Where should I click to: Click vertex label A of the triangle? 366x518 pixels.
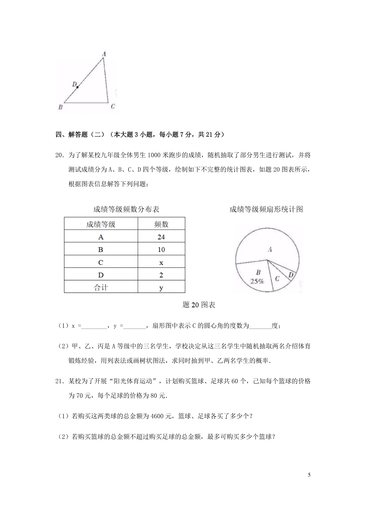pyautogui.click(x=104, y=54)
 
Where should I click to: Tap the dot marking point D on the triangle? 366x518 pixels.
pyautogui.click(x=77, y=87)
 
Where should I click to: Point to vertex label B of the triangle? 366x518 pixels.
pyautogui.click(x=60, y=107)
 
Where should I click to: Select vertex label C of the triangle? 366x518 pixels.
pyautogui.click(x=113, y=106)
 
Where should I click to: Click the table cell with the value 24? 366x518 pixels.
pyautogui.click(x=161, y=237)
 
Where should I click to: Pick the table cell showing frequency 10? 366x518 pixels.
pyautogui.click(x=161, y=250)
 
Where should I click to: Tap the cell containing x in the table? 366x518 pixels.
pyautogui.click(x=161, y=262)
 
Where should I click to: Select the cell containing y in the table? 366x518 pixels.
pyautogui.click(x=161, y=288)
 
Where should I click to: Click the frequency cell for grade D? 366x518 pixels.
pyautogui.click(x=161, y=275)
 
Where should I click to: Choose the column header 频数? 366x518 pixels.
pyautogui.click(x=161, y=224)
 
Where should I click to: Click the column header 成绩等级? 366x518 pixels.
pyautogui.click(x=101, y=224)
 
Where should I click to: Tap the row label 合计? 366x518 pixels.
pyautogui.click(x=101, y=288)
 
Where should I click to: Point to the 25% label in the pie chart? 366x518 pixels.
pyautogui.click(x=257, y=281)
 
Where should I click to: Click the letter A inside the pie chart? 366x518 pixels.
pyautogui.click(x=270, y=250)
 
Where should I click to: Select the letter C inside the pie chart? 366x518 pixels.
pyautogui.click(x=277, y=279)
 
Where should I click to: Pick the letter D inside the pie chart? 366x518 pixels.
pyautogui.click(x=291, y=275)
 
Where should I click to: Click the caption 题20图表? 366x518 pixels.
pyautogui.click(x=199, y=305)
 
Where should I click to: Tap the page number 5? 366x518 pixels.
pyautogui.click(x=309, y=475)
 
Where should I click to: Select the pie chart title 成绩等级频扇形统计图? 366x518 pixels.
pyautogui.click(x=266, y=209)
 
